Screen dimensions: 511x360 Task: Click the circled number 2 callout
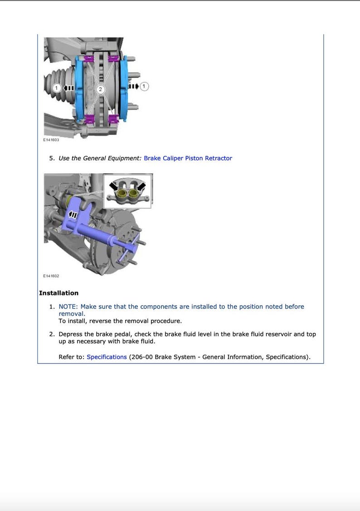point(101,89)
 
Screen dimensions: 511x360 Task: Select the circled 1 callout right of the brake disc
point(144,86)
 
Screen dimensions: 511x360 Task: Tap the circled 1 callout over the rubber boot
point(56,87)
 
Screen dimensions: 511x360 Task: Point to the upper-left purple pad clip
point(88,58)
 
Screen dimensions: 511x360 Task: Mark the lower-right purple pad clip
point(114,119)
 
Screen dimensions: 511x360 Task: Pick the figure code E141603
point(51,140)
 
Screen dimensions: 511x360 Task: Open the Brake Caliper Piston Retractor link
point(188,158)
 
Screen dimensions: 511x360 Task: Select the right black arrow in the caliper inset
point(141,186)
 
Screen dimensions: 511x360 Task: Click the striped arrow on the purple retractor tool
point(73,215)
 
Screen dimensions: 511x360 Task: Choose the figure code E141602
point(51,276)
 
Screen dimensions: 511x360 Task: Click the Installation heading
point(58,293)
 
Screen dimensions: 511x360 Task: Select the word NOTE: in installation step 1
point(68,307)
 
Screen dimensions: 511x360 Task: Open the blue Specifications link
point(107,357)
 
